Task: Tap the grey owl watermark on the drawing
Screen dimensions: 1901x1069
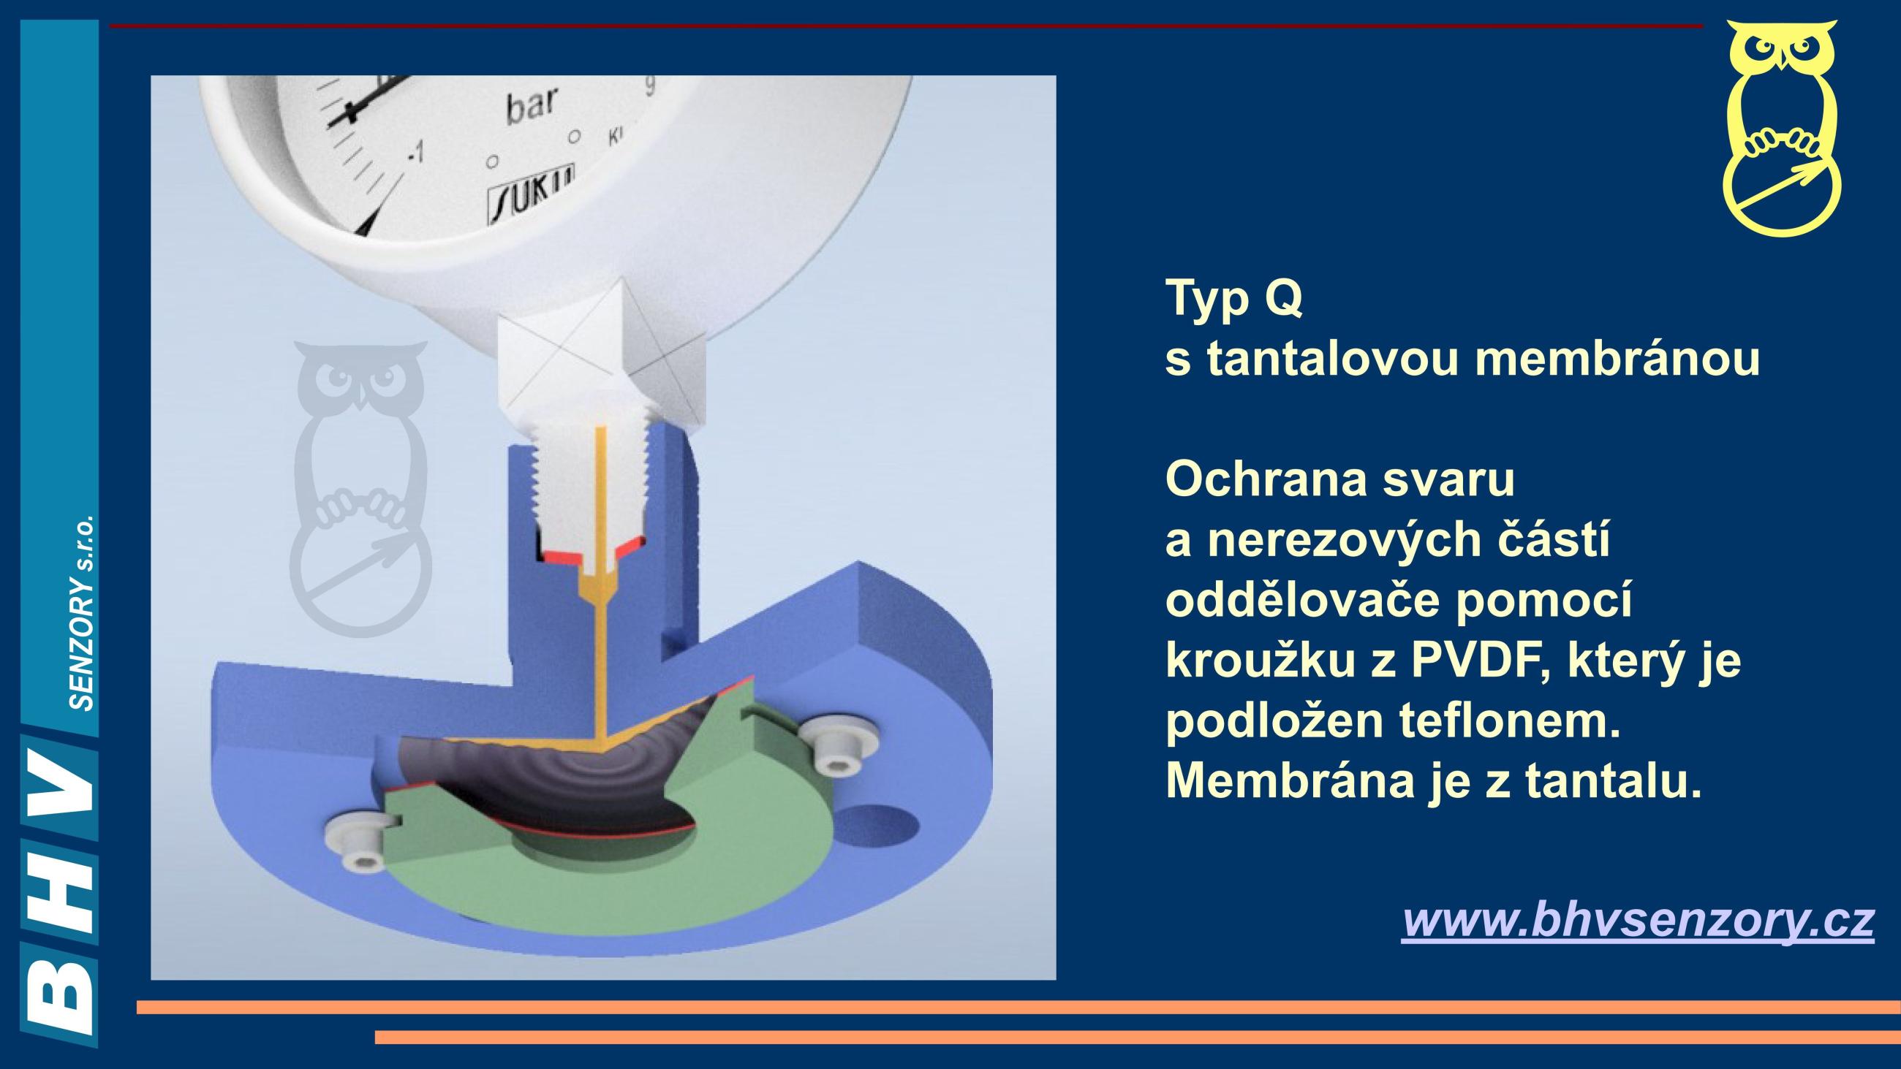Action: [x=359, y=489]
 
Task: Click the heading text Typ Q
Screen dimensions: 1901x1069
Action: [x=1235, y=298]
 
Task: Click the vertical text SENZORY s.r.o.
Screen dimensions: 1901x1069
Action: [x=83, y=612]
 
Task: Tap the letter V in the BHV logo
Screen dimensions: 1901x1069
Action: [x=59, y=789]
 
